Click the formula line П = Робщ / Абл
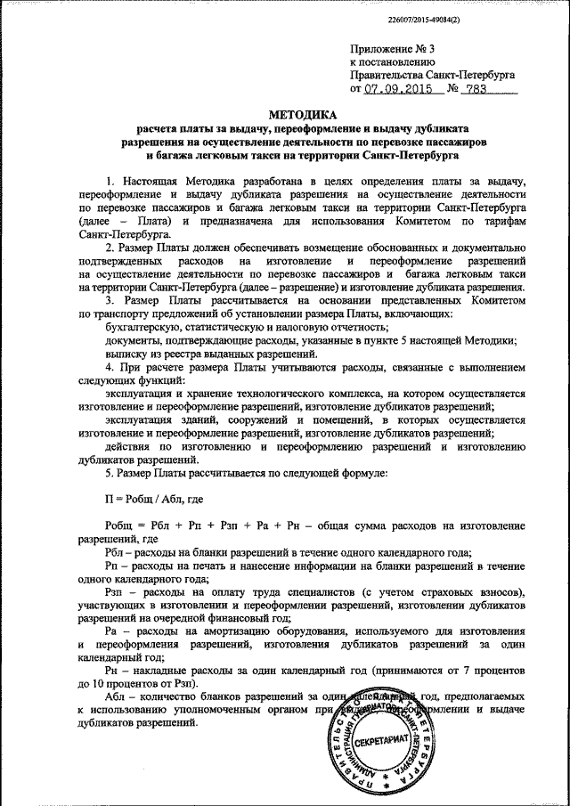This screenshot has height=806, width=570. point(154,501)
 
